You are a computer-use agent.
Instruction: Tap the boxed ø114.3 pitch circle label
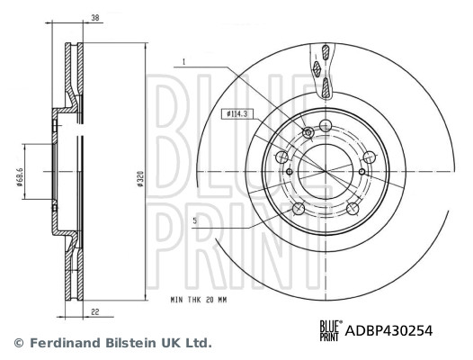[236, 114]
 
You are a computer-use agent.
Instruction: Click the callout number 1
[183, 62]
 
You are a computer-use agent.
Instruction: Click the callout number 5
[193, 220]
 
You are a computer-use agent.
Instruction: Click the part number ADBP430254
[389, 330]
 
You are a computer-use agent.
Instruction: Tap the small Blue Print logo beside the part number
[331, 330]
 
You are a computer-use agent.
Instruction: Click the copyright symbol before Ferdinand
[17, 343]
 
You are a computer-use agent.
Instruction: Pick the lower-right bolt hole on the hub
[352, 208]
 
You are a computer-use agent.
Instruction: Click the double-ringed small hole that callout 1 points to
[308, 133]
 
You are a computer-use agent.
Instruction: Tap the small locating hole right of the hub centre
[362, 172]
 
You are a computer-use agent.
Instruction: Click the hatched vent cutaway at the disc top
[322, 72]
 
